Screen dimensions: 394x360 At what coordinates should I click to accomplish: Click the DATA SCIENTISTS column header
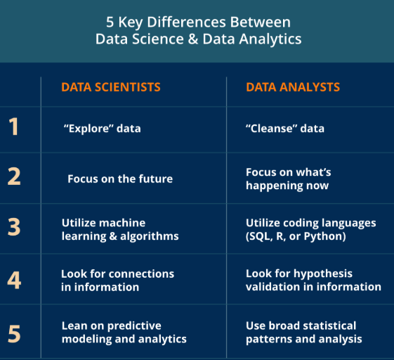(x=111, y=87)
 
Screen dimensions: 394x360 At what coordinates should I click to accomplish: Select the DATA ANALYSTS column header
(x=293, y=87)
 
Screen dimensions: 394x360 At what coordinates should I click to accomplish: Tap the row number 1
(x=13, y=127)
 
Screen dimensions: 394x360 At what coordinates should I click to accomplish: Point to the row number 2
(x=14, y=176)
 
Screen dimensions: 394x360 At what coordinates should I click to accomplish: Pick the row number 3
(x=14, y=227)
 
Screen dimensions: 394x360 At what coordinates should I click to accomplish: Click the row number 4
(x=14, y=280)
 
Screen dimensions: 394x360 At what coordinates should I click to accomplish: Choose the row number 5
(x=14, y=334)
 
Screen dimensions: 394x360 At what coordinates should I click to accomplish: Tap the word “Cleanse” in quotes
(x=271, y=128)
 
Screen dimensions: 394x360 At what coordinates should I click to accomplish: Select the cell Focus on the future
(x=120, y=179)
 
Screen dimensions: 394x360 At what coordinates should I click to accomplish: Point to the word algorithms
(x=150, y=236)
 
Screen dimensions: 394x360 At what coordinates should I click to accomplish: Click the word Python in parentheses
(x=324, y=236)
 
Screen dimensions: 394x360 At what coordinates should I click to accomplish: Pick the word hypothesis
(x=323, y=274)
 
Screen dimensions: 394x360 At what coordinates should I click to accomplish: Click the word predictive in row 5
(x=134, y=326)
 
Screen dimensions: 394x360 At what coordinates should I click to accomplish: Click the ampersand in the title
(x=192, y=39)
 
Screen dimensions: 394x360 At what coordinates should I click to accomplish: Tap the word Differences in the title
(x=186, y=22)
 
